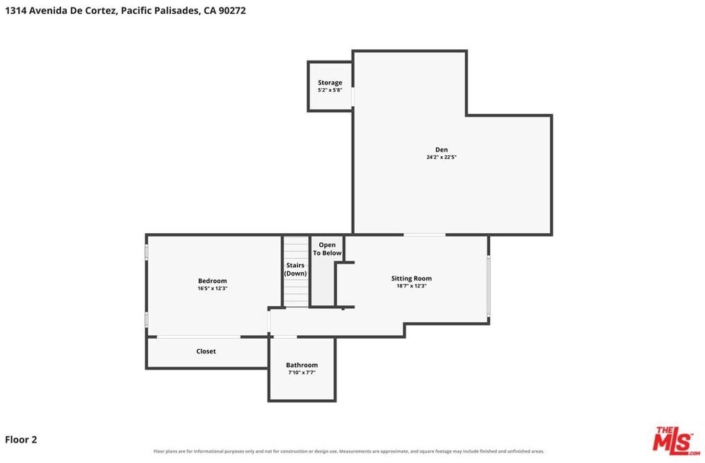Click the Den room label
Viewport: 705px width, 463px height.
(x=441, y=149)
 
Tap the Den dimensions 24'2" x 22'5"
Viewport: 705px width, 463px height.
(x=441, y=157)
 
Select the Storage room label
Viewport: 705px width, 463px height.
(x=330, y=83)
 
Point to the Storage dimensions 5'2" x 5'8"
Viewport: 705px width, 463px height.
(x=330, y=90)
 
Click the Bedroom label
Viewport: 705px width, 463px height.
(x=212, y=281)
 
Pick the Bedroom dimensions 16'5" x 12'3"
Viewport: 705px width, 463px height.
(x=212, y=288)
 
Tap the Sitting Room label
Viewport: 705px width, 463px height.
(x=412, y=278)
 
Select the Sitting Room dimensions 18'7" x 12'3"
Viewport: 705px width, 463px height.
(x=412, y=285)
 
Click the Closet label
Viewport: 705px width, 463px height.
(x=206, y=351)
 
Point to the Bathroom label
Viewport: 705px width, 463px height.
(x=302, y=365)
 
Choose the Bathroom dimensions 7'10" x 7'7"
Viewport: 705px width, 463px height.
(x=302, y=372)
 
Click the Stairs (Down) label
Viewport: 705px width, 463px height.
(x=295, y=269)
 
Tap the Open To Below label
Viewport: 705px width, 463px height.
(x=327, y=249)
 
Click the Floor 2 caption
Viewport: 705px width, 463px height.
(x=21, y=439)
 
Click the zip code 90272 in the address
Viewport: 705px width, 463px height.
(x=232, y=10)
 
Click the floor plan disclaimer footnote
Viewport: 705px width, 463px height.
(x=349, y=451)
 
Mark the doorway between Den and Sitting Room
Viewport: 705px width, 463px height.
(x=424, y=235)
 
